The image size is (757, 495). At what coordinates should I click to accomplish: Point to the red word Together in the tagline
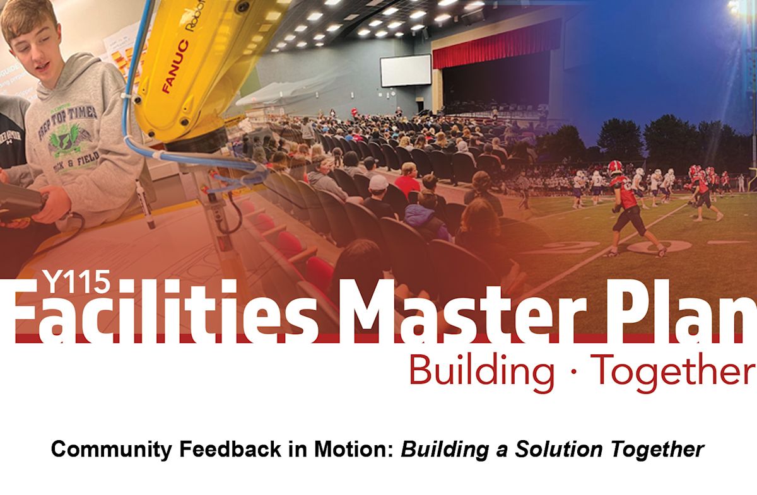pos(672,370)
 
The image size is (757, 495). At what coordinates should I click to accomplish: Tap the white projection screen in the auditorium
pos(405,70)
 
